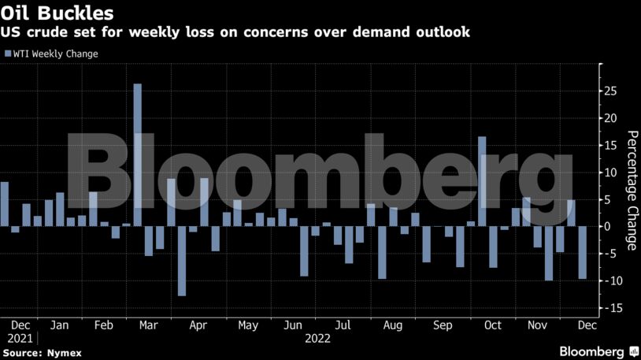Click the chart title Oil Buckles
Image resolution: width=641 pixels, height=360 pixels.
(57, 13)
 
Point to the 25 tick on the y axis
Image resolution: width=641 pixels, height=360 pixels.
(610, 91)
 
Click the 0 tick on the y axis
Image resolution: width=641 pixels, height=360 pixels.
(607, 227)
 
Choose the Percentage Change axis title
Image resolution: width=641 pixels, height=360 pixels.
(631, 190)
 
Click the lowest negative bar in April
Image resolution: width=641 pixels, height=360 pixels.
(182, 261)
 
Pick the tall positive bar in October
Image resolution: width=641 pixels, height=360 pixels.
(482, 181)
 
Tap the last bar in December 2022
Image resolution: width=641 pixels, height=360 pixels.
(582, 252)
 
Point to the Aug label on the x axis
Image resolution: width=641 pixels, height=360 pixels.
(392, 325)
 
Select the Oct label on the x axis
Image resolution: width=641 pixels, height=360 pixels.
(493, 325)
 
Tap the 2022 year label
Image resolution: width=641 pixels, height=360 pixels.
(317, 338)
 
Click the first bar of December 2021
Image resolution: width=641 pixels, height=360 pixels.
(4, 204)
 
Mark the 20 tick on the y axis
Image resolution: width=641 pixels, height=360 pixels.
(610, 118)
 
